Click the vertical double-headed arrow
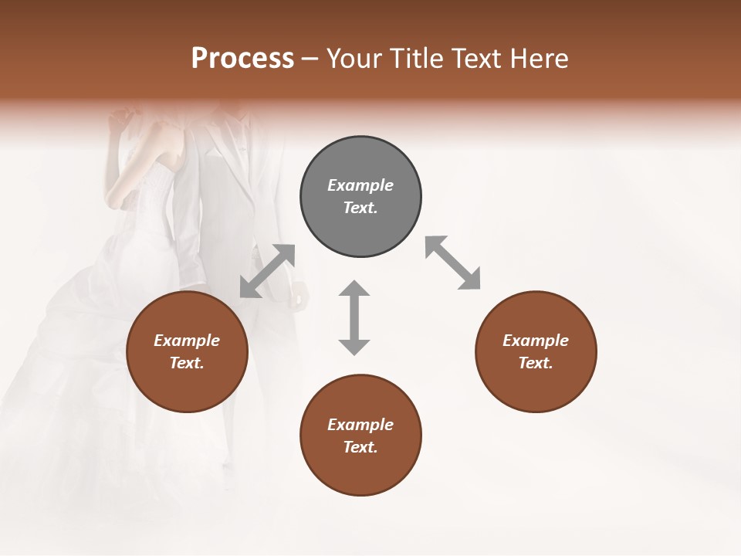point(354,317)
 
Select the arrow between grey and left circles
point(268,271)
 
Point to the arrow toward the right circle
point(453,263)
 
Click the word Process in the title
point(242,59)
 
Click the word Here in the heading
point(540,59)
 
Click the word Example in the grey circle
point(360,185)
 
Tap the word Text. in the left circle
point(187,363)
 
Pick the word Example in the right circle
point(536,341)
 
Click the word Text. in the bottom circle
point(360,447)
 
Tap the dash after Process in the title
point(310,59)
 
